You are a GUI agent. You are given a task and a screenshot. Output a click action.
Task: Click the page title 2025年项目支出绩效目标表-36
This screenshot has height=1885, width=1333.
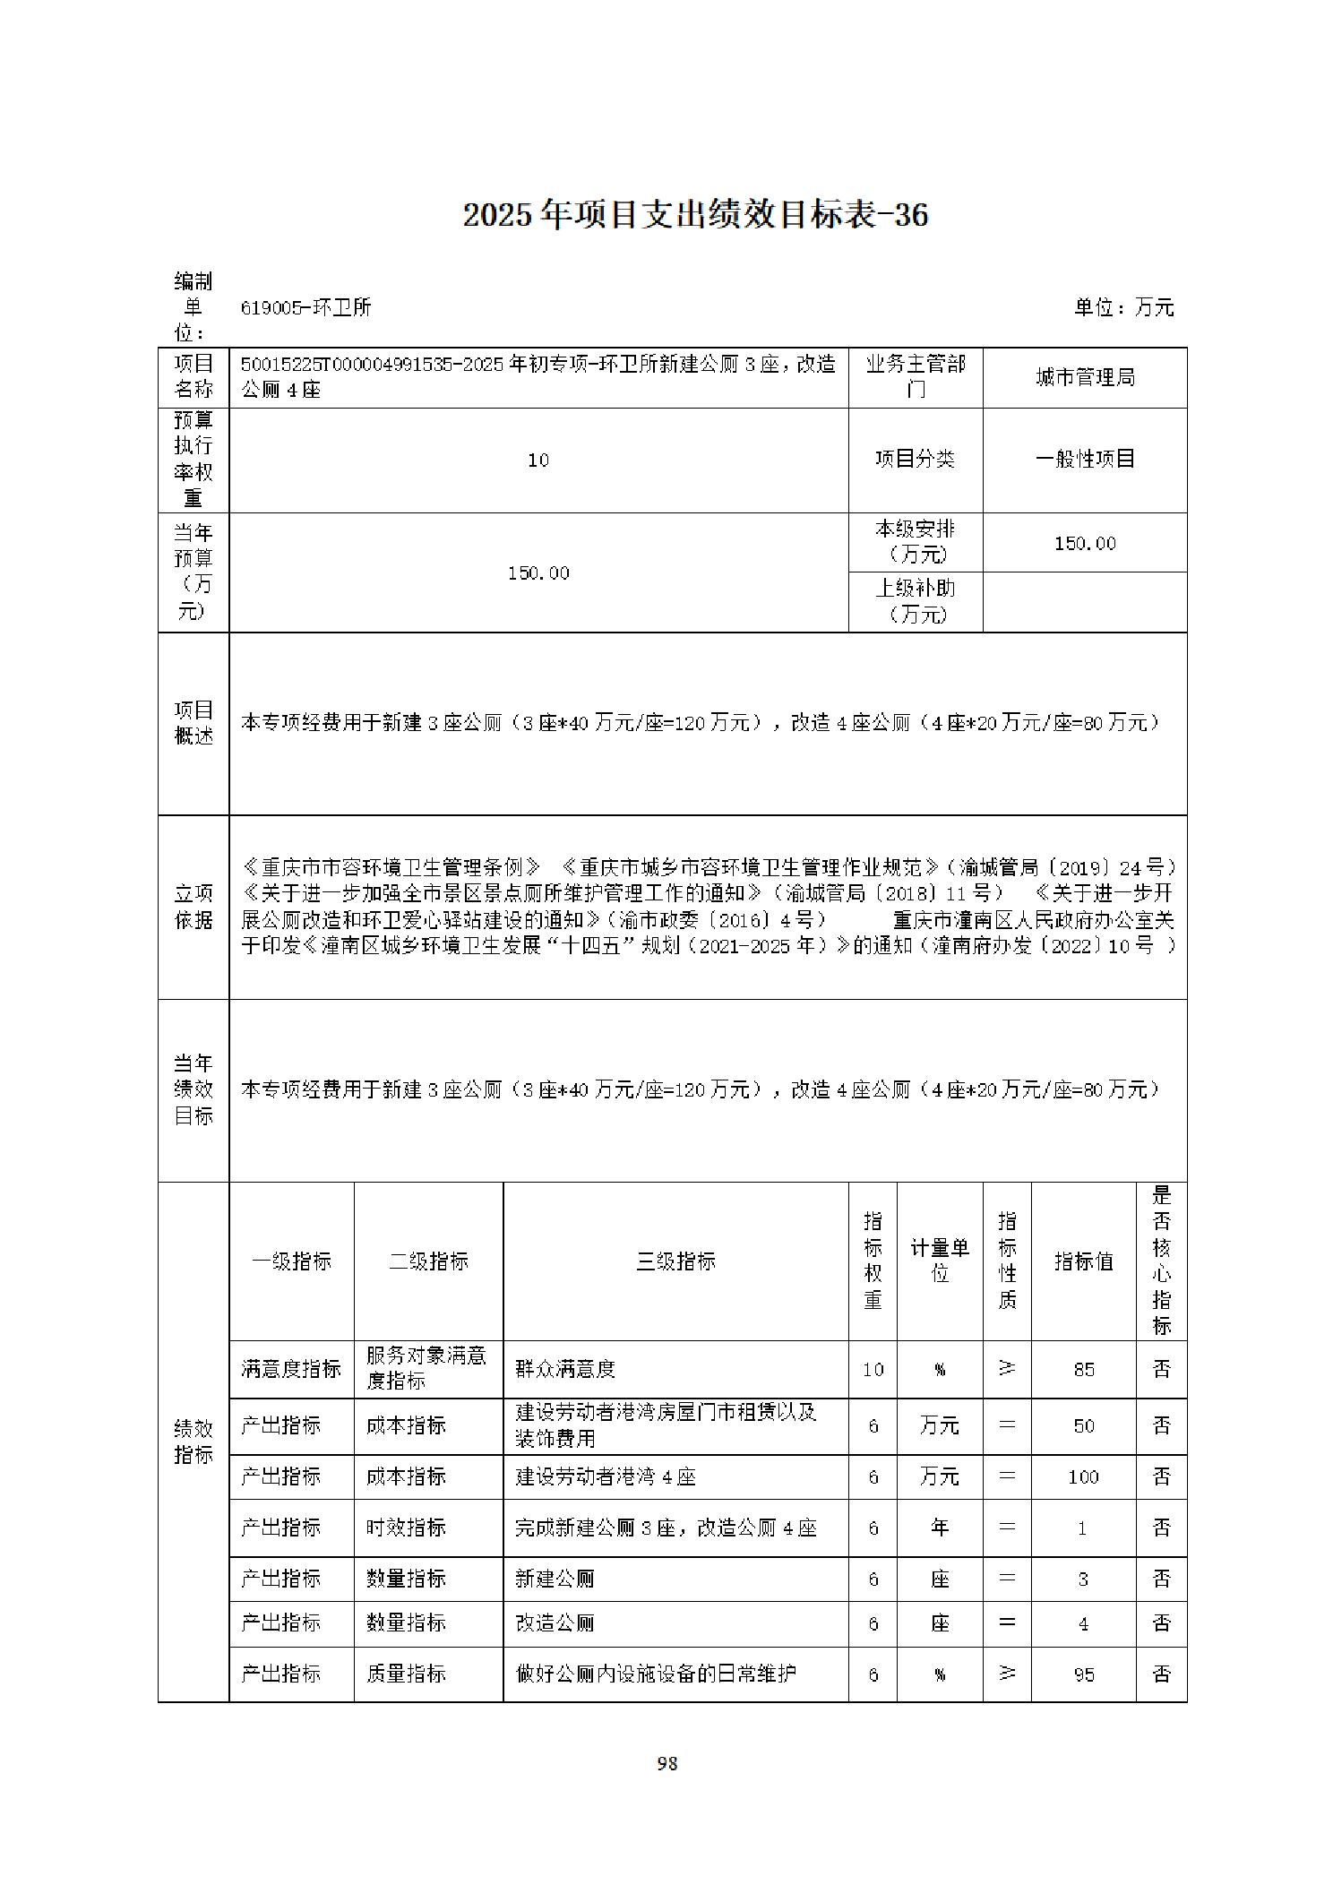pos(695,215)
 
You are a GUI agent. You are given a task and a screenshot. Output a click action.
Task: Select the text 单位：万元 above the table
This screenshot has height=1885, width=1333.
pos(1123,307)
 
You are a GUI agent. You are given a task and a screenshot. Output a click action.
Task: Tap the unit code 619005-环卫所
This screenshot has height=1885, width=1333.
pos(305,307)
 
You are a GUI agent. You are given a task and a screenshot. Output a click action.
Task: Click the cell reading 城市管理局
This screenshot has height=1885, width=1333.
pos(1084,377)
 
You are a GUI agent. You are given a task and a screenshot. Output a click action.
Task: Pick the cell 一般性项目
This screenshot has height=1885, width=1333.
pos(1084,460)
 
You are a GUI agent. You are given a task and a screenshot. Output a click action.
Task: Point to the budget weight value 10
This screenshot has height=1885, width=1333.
pos(538,460)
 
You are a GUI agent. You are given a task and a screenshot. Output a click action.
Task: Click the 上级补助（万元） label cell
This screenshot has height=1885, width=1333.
pos(915,601)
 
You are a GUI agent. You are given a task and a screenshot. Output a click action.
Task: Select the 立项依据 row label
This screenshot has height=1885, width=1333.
pos(193,907)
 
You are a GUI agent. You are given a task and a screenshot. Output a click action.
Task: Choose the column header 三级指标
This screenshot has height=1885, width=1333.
pos(675,1261)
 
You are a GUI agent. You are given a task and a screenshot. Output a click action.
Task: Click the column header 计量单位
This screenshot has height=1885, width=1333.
pos(939,1261)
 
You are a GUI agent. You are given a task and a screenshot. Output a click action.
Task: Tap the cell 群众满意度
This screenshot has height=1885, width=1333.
pos(565,1369)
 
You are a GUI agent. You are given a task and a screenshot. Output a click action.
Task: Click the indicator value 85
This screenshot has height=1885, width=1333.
pos(1083,1369)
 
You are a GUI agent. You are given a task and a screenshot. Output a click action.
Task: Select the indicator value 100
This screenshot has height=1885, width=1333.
pos(1083,1476)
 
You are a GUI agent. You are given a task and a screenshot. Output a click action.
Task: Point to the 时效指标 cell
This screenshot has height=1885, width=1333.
pos(406,1528)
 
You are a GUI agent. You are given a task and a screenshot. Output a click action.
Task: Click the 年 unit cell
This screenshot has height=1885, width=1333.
pos(939,1528)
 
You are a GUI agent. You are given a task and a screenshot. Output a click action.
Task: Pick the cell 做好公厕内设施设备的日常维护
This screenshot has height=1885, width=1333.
pos(657,1674)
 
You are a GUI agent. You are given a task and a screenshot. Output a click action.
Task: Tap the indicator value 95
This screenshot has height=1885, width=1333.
pos(1083,1674)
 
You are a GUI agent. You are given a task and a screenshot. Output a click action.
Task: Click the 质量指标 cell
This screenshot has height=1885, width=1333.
pos(406,1674)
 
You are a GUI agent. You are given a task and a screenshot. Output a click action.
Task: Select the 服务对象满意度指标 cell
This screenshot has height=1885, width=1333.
pos(427,1368)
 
